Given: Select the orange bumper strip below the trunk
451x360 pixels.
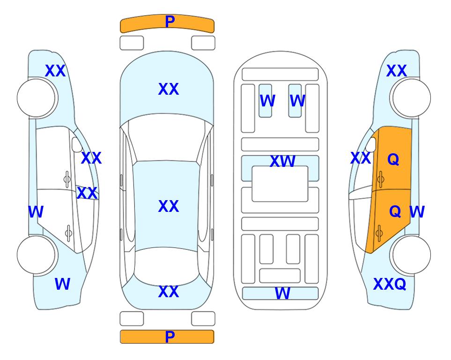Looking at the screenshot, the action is [167, 337].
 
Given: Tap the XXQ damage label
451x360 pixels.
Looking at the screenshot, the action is [390, 284].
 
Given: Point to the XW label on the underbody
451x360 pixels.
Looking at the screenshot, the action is [282, 161].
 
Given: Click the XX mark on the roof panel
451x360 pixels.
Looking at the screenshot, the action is [169, 206].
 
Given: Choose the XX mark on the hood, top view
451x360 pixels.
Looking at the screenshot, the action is [169, 89].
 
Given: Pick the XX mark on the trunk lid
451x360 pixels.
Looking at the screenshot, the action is [169, 292].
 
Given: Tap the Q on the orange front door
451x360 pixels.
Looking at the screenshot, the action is [393, 159].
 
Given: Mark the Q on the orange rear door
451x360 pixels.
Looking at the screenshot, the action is [395, 211].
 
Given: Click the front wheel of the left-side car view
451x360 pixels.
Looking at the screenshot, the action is [36, 98].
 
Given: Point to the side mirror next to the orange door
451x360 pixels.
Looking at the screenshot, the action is [371, 144].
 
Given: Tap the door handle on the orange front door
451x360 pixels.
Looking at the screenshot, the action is [381, 179].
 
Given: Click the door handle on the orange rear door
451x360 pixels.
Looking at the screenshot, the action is [379, 233].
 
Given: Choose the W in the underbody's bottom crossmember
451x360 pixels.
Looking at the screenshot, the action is [282, 293].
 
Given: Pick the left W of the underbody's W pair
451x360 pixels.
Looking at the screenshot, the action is [267, 101].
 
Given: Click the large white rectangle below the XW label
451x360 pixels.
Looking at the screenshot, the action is [280, 184].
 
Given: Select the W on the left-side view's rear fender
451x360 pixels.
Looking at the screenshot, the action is [62, 284].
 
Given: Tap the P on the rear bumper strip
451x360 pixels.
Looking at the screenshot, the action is [170, 337].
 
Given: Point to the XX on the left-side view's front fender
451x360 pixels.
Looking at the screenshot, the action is [55, 71].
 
